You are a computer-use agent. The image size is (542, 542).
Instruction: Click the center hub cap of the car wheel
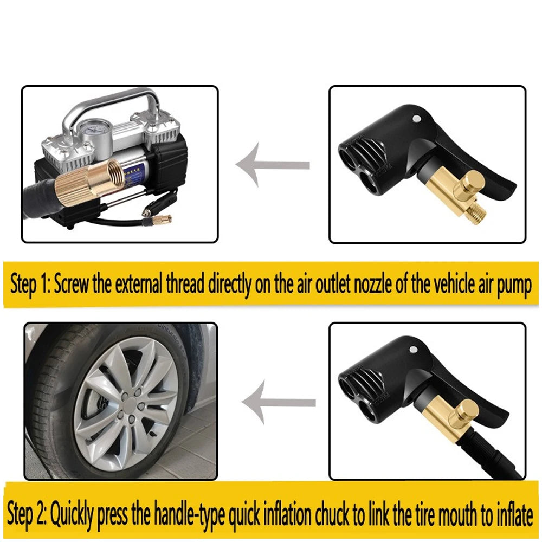[125, 410]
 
